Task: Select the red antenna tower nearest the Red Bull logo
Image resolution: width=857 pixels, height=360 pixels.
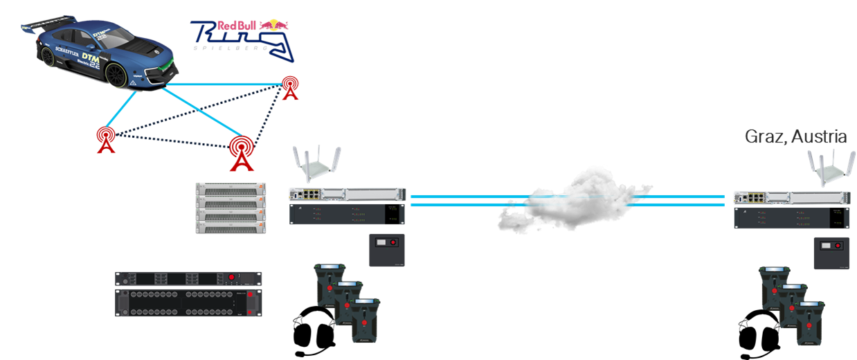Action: tap(291, 87)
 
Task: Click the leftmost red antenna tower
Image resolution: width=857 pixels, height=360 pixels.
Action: tap(106, 139)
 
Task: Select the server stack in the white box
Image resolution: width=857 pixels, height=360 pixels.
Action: tap(231, 208)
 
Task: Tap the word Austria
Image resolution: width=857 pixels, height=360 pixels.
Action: tap(820, 136)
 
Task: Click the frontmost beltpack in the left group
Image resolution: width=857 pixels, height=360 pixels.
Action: tap(366, 321)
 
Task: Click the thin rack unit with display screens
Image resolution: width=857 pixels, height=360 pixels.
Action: tap(188, 279)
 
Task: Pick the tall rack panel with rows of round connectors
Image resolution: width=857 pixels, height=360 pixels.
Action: tap(188, 303)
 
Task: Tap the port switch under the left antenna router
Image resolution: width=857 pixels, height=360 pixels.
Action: tap(346, 196)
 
